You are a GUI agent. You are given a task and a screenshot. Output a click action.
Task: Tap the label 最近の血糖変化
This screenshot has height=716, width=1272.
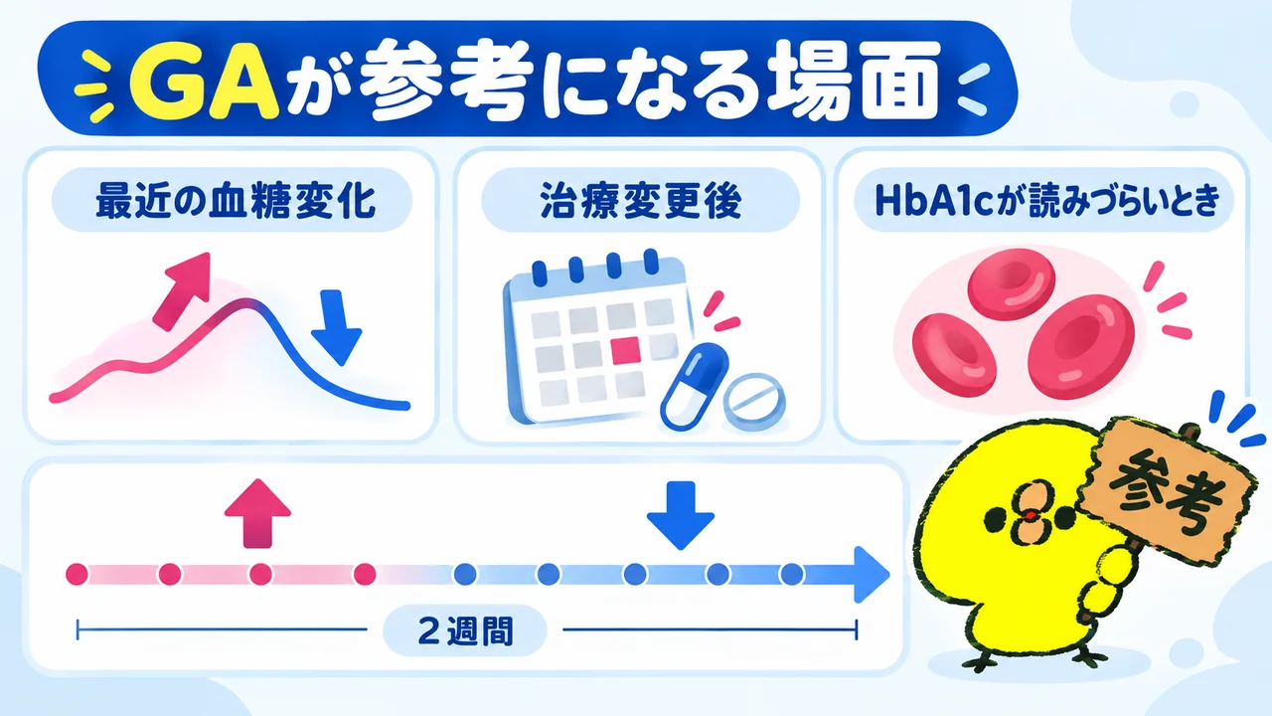tap(236, 201)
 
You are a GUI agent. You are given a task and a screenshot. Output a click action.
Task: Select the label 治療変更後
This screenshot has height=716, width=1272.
tap(641, 201)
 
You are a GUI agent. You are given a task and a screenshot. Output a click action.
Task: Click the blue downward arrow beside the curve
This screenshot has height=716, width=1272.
tap(336, 327)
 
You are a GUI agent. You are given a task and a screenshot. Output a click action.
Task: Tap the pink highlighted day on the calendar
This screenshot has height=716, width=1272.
tap(625, 350)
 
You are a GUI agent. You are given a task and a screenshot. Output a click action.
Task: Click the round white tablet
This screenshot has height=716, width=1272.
tap(756, 401)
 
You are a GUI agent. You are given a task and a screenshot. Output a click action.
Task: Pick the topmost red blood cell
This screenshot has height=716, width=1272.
tap(1012, 283)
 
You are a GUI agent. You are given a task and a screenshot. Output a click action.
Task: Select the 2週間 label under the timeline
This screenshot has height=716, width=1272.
tap(465, 630)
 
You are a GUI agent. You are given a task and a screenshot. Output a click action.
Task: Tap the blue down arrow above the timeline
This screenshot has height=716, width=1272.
tap(681, 515)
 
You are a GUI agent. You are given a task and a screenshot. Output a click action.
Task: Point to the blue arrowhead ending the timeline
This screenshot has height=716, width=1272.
tap(872, 575)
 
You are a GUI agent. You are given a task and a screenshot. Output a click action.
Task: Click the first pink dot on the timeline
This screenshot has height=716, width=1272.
tap(78, 574)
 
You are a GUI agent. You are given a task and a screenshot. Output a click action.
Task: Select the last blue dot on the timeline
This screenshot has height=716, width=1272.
tap(792, 575)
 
